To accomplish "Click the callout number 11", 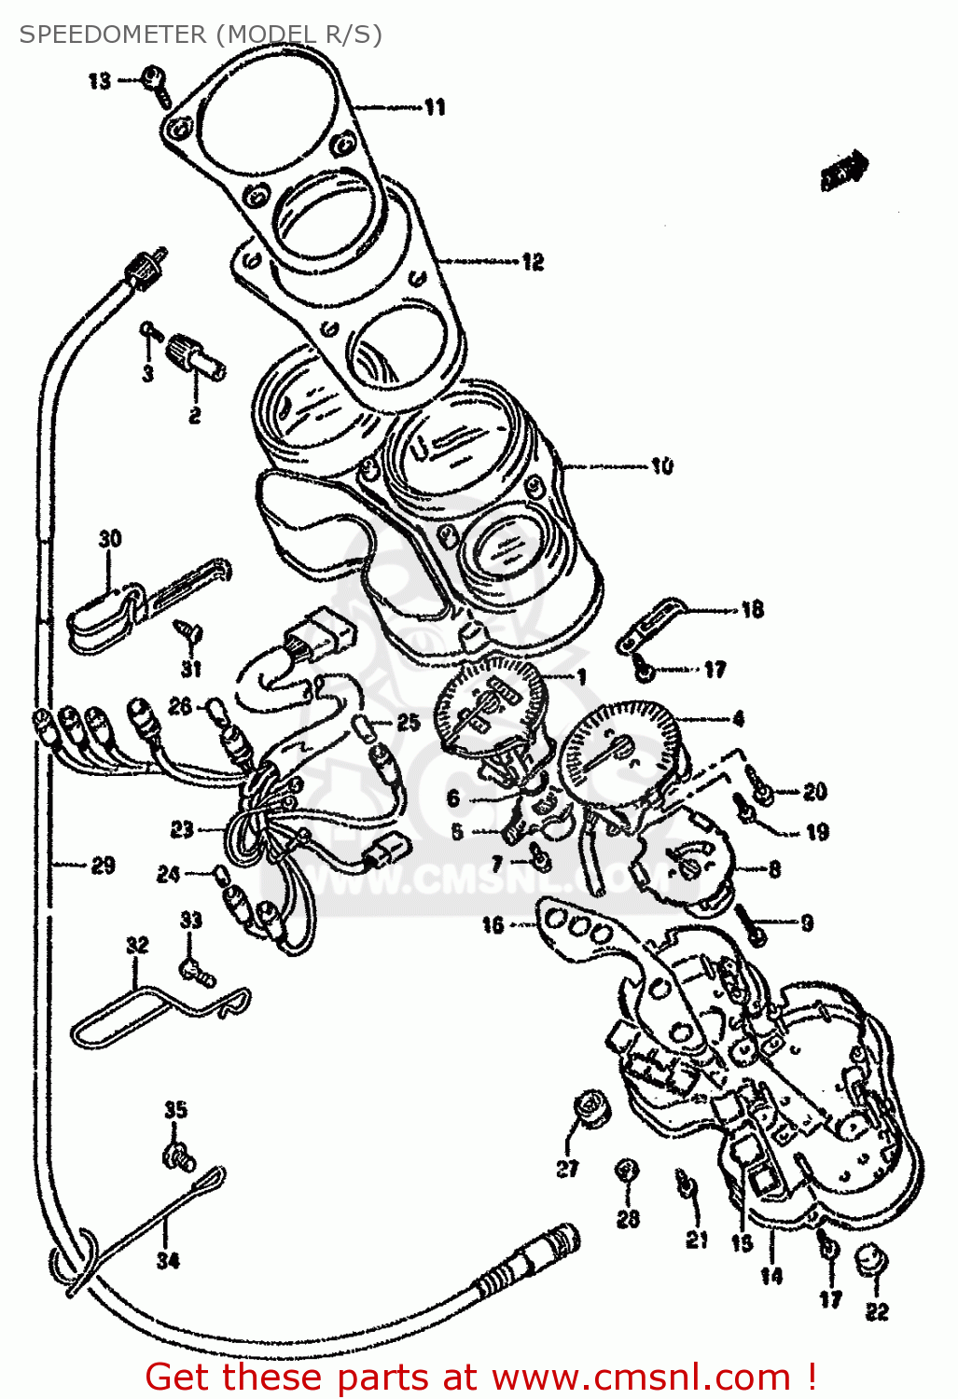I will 435,108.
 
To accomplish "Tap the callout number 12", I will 532,262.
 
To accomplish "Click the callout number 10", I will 661,465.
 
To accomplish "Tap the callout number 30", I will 110,538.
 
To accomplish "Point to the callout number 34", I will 167,1260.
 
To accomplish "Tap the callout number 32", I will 137,945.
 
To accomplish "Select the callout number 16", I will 493,924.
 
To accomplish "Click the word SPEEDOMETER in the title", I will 113,35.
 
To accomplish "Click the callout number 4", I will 738,719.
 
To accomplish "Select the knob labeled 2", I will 194,357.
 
